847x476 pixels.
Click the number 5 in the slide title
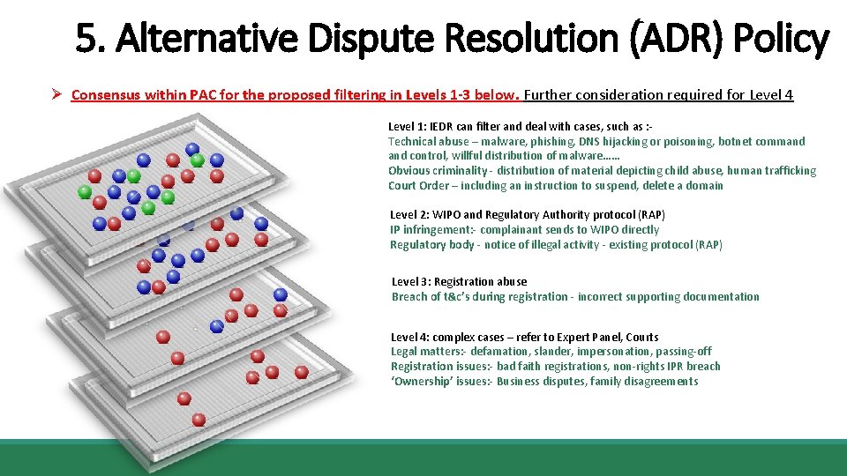point(86,39)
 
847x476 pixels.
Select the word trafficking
point(784,171)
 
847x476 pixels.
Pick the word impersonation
point(615,352)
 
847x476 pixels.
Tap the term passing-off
point(686,352)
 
